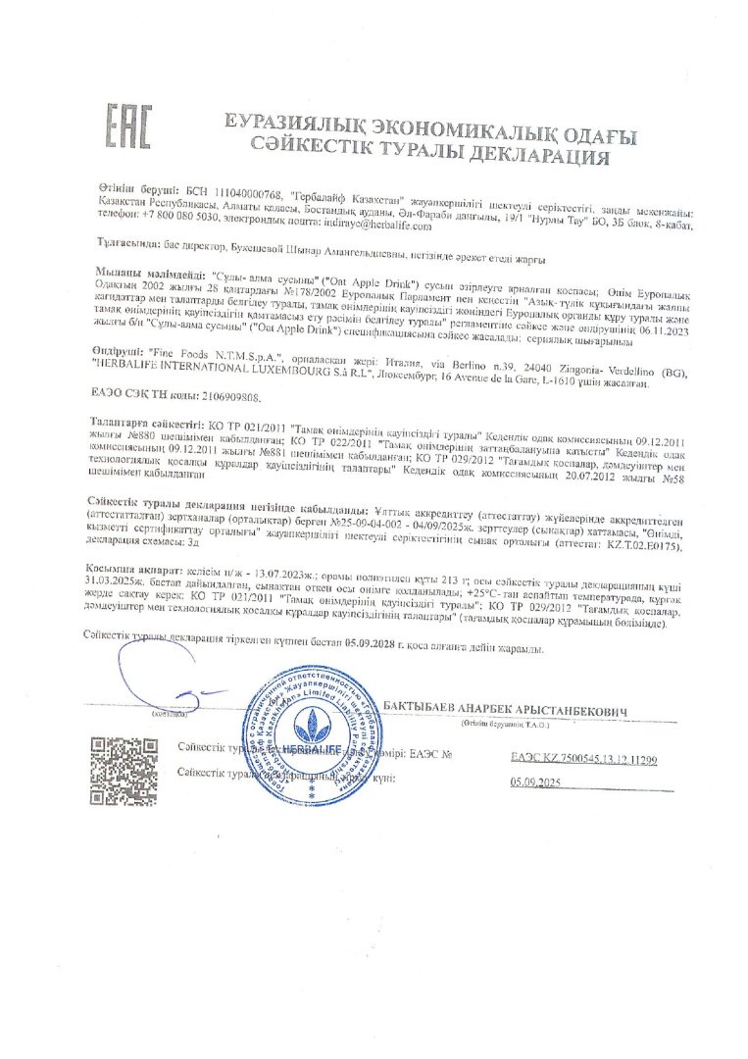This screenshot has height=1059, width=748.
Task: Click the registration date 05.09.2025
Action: [x=533, y=782]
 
